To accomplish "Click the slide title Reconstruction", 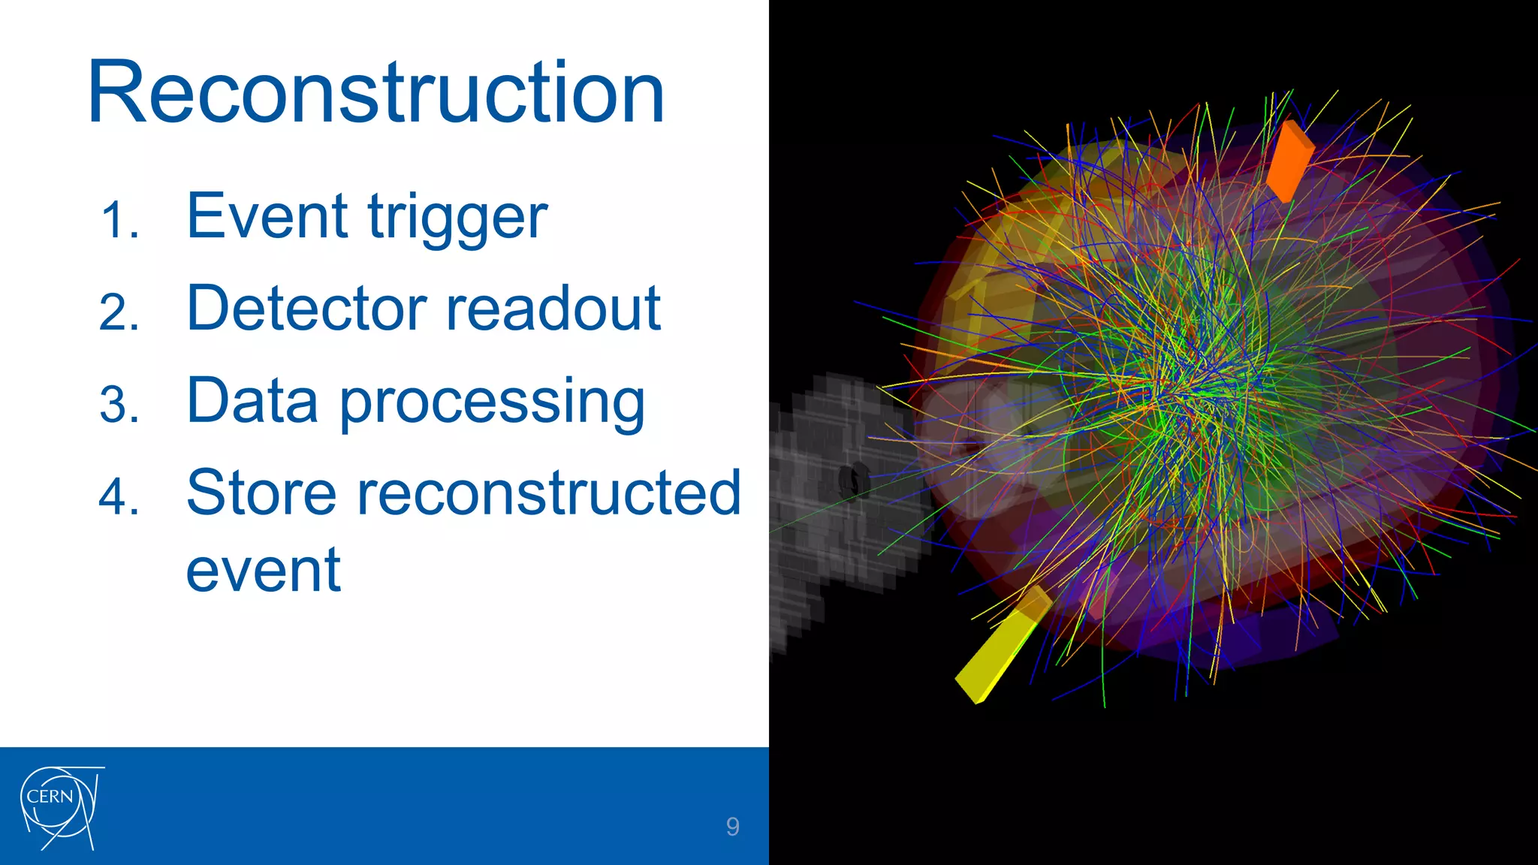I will click(375, 93).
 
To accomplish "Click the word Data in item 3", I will click(252, 401).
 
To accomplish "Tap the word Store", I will click(261, 493).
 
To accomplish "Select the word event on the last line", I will click(264, 571).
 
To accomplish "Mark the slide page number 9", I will click(732, 827).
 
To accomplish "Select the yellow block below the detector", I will click(999, 650).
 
